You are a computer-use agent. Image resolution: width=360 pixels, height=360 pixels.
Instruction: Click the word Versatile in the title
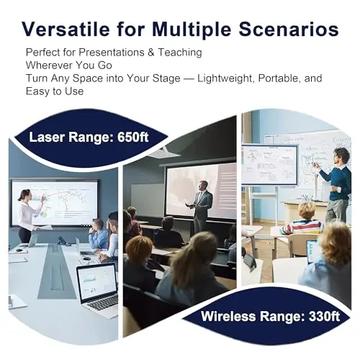(x=66, y=30)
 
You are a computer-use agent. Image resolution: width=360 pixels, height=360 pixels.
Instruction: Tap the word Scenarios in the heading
(x=289, y=30)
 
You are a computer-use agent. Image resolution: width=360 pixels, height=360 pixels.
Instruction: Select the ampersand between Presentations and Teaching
(x=151, y=53)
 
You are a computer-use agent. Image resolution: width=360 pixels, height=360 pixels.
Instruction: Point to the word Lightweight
(x=226, y=78)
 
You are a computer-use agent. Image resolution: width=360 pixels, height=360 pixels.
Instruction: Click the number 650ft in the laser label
(x=133, y=137)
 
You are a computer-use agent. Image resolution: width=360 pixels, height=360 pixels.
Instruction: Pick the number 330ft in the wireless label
(x=324, y=316)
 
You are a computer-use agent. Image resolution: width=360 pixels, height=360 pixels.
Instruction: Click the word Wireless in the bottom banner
(x=228, y=316)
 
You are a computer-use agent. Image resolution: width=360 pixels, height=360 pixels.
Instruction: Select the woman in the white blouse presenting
(x=29, y=215)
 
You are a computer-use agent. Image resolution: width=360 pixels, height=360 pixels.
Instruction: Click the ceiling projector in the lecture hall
(x=159, y=152)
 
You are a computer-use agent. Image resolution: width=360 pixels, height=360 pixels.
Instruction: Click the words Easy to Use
(x=55, y=91)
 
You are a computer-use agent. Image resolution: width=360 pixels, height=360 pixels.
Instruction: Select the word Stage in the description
(x=166, y=78)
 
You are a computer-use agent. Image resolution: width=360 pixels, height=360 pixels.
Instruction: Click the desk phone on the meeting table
(x=63, y=240)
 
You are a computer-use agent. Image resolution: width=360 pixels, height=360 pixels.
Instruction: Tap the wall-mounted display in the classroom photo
(x=269, y=165)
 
